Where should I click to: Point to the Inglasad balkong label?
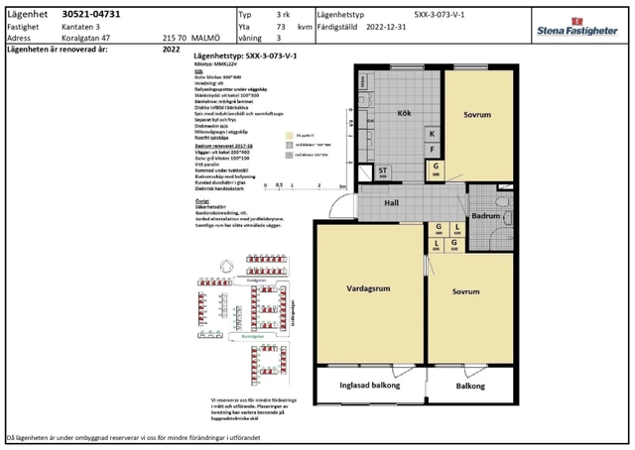coord(369,386)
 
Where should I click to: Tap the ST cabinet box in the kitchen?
coord(383,171)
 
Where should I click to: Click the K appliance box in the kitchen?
coord(432,134)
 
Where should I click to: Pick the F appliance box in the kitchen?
coord(432,150)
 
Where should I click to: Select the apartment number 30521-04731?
coord(91,16)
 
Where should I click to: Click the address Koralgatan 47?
coord(85,37)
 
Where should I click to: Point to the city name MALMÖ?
coord(206,37)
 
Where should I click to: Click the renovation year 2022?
coord(171,47)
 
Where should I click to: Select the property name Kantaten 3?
coord(82,27)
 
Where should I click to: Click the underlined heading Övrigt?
coord(201,197)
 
